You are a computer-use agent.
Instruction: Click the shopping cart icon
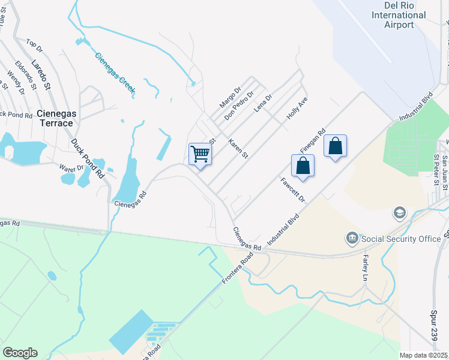(200, 153)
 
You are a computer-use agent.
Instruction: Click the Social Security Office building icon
(352, 239)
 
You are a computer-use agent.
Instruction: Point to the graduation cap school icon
(399, 213)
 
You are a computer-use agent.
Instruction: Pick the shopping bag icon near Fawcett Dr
(303, 166)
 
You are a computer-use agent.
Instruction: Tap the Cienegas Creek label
(115, 74)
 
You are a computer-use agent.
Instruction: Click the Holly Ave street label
(297, 108)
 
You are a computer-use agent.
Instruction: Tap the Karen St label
(238, 148)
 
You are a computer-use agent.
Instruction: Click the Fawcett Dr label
(294, 190)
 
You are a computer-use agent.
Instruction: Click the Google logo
(20, 353)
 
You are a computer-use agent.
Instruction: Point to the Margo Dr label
(230, 98)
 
